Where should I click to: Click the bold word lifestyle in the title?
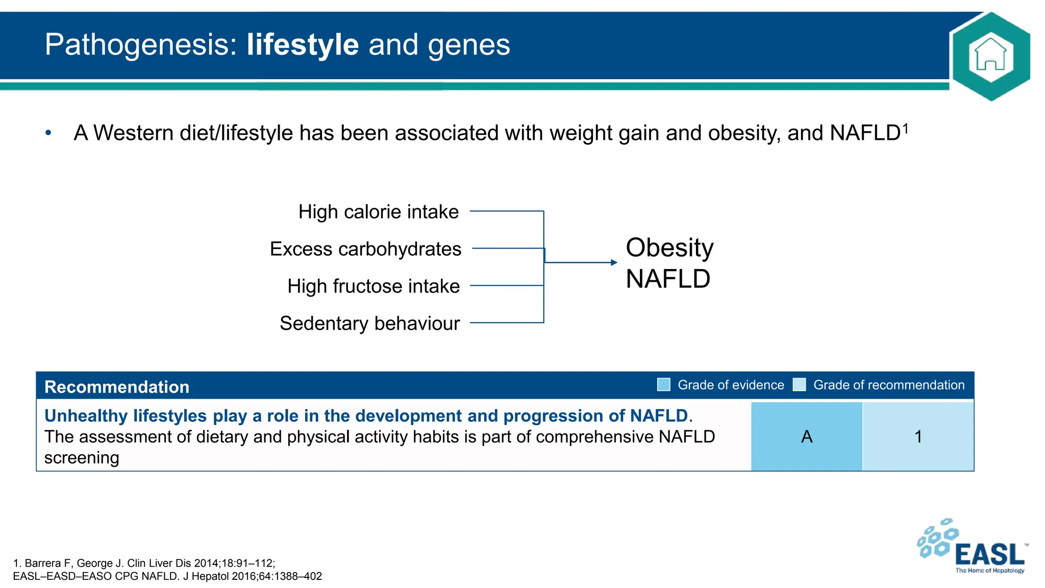pyautogui.click(x=303, y=44)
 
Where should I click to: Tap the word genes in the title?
pyautogui.click(x=468, y=45)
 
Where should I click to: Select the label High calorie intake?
pyautogui.click(x=378, y=212)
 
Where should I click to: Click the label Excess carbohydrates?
pyautogui.click(x=365, y=249)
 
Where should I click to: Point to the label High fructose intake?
pyautogui.click(x=373, y=286)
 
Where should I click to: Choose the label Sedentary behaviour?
pyautogui.click(x=369, y=324)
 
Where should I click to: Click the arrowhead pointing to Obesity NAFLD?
pyautogui.click(x=614, y=262)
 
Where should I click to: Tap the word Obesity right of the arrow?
pyautogui.click(x=669, y=248)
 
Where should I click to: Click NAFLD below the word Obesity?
pyautogui.click(x=667, y=279)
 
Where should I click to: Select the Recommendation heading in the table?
pyautogui.click(x=117, y=387)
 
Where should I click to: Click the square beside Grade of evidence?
pyautogui.click(x=663, y=385)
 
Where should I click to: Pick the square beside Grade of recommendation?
pyautogui.click(x=799, y=385)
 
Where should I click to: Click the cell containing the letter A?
pyautogui.click(x=806, y=436)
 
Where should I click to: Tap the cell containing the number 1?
pyautogui.click(x=918, y=436)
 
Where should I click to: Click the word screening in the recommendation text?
pyautogui.click(x=82, y=458)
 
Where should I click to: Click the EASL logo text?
pyautogui.click(x=988, y=555)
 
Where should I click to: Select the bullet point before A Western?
pyautogui.click(x=48, y=133)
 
